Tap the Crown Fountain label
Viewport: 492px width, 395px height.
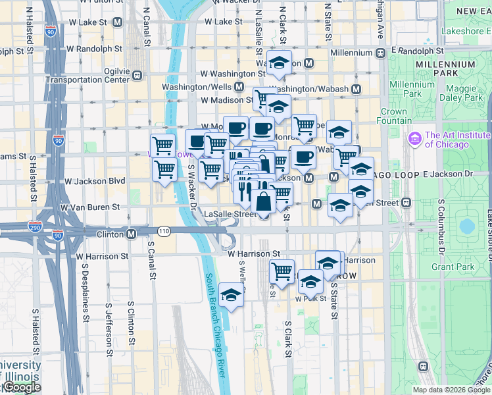(393, 117)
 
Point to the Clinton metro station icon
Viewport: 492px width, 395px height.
(132, 234)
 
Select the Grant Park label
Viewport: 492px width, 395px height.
(453, 267)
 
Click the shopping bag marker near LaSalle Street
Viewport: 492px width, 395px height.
(263, 202)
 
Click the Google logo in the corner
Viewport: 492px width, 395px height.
(21, 388)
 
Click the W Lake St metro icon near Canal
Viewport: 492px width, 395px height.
(118, 22)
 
